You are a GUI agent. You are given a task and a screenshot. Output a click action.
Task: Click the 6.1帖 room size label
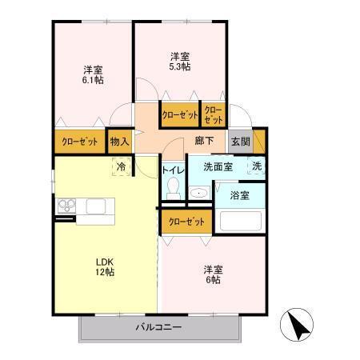click(x=93, y=80)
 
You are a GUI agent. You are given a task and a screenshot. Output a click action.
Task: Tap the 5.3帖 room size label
click(x=179, y=68)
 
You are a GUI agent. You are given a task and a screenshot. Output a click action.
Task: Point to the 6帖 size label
click(x=212, y=281)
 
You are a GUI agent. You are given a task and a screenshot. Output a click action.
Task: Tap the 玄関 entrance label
click(x=240, y=142)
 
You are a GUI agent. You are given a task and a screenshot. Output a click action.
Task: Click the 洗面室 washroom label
click(x=217, y=167)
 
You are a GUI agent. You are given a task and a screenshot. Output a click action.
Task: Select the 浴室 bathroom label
click(x=240, y=194)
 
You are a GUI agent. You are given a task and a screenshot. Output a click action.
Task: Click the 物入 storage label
click(x=118, y=142)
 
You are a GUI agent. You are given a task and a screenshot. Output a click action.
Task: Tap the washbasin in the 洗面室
click(x=199, y=194)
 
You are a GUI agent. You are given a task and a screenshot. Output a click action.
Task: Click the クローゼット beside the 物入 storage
click(x=79, y=142)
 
